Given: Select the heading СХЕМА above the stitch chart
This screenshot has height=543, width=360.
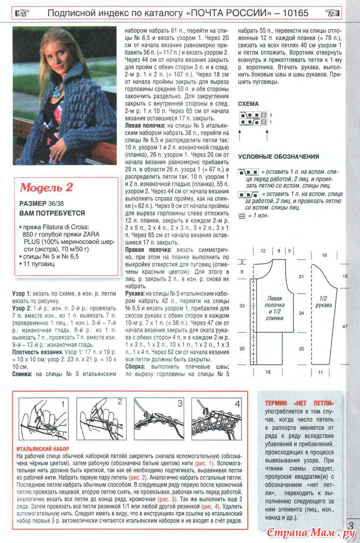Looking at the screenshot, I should tap(248, 104).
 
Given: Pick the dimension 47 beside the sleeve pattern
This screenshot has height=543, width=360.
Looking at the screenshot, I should tap(346, 326).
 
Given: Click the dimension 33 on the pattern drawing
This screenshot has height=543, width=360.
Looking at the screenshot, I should tap(241, 306).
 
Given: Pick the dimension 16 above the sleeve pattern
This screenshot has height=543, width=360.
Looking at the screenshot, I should tap(324, 255).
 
